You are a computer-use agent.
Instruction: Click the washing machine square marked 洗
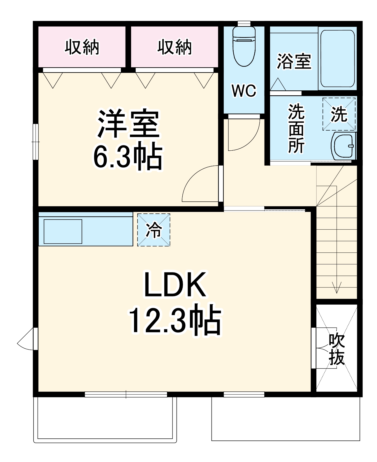tap(339, 114)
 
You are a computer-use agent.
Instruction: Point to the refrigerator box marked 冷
tap(154, 230)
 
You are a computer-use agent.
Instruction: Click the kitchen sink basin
tap(63, 231)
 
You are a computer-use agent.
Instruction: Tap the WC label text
tap(244, 91)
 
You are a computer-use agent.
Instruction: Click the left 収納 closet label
tap(82, 47)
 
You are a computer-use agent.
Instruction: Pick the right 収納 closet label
tap(175, 47)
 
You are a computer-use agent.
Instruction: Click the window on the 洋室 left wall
tap(36, 141)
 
